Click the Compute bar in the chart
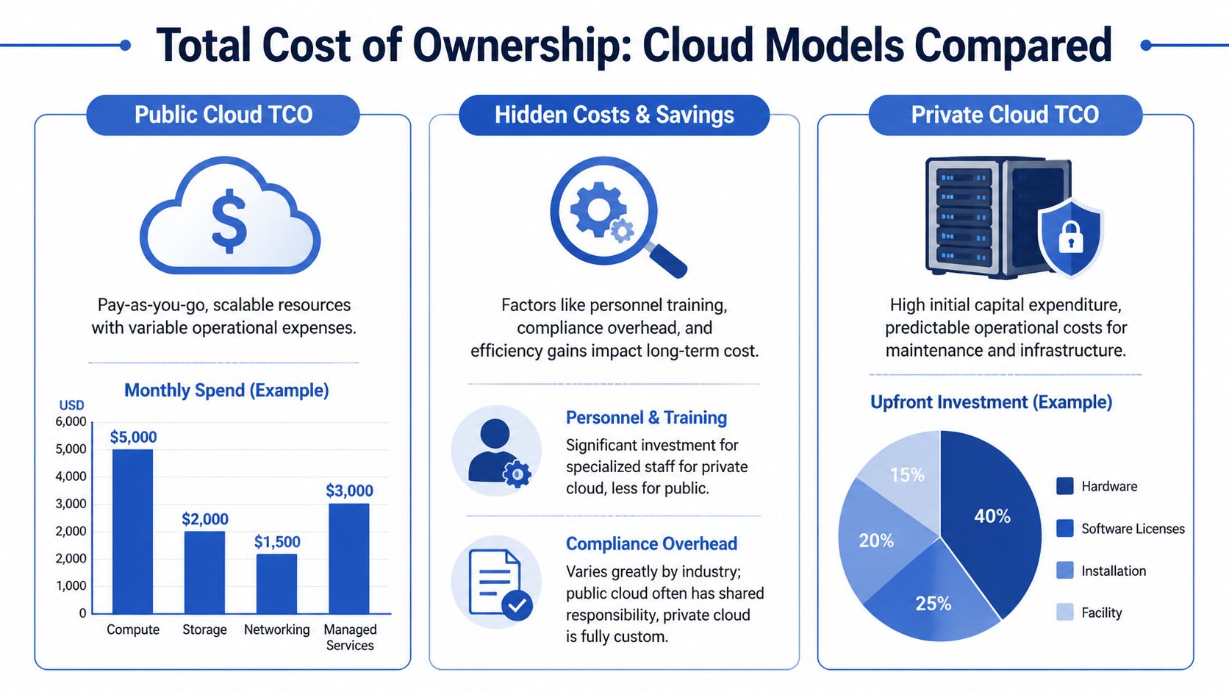pos(133,531)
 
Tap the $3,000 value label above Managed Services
pos(349,491)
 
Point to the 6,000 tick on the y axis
pos(71,421)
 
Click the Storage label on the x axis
pos(204,629)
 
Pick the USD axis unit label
pos(71,405)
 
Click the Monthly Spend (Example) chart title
pos(226,390)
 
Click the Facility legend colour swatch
pos(1064,612)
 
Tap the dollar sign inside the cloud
pos(229,221)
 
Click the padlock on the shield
pos(1070,237)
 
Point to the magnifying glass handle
pos(667,260)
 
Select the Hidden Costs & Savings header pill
pos(614,115)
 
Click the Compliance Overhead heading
pos(651,543)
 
